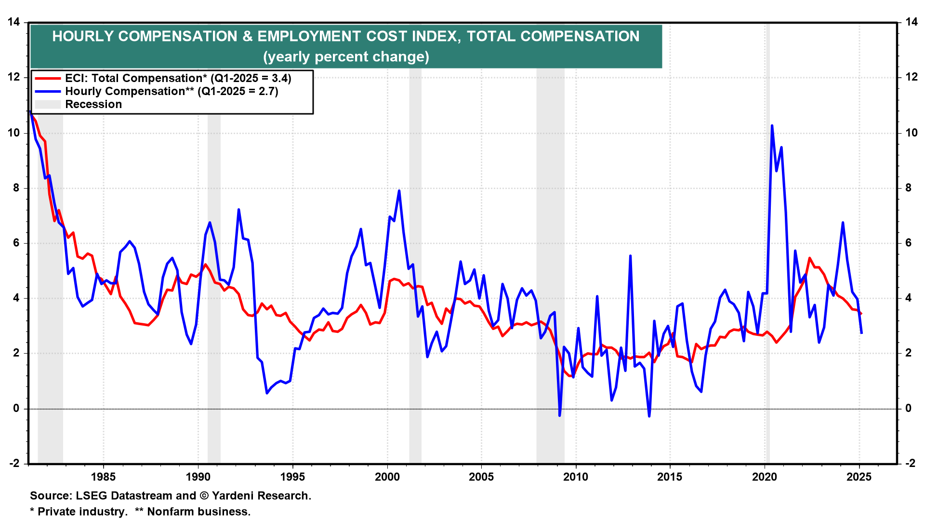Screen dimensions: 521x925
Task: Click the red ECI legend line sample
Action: [48, 79]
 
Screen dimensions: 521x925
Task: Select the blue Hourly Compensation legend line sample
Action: [48, 92]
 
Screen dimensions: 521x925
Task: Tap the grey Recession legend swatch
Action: [48, 105]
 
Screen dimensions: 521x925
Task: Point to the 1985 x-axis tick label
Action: [103, 477]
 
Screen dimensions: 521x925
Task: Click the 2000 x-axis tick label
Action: [387, 477]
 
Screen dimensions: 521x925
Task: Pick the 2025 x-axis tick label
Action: [859, 477]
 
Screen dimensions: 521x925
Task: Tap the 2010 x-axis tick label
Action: [576, 477]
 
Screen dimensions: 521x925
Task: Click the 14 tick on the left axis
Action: [13, 22]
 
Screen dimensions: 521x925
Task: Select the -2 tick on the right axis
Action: [910, 464]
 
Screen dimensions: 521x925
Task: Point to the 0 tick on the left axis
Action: [16, 409]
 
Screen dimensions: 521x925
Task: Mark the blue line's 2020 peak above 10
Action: [772, 125]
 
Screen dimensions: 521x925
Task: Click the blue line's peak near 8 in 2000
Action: [399, 191]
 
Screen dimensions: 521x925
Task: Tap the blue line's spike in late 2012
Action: [630, 256]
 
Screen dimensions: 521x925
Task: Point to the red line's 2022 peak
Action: [809, 258]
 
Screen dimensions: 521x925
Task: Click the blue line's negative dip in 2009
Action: [559, 415]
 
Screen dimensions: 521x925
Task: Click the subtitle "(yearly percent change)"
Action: [346, 57]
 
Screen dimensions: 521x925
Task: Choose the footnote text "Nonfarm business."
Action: [198, 512]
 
